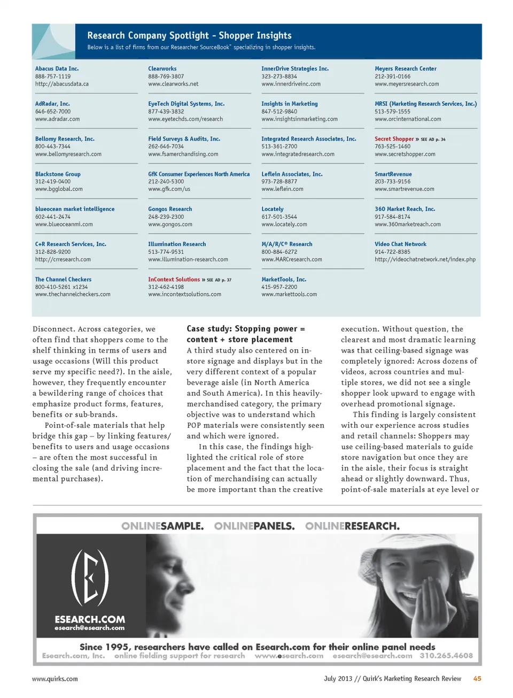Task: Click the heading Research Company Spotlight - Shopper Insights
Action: pos(189,36)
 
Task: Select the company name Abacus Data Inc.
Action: pos(57,69)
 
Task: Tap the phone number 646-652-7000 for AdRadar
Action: pos(53,112)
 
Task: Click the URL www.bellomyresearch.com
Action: pos(68,155)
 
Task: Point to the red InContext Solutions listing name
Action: pos(174,280)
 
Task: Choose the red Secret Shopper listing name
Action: pos(394,139)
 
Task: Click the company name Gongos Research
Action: pos(170,209)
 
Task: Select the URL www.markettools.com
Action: pos(289,295)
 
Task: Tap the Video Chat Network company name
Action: pos(400,244)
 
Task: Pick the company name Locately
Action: pos(273,209)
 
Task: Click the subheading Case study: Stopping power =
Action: pos(246,329)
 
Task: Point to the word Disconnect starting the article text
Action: pos(53,329)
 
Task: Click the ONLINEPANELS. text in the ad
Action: pos(254,526)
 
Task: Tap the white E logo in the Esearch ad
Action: pos(90,577)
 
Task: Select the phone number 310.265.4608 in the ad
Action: pos(446,656)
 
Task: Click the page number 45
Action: pos(477,679)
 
